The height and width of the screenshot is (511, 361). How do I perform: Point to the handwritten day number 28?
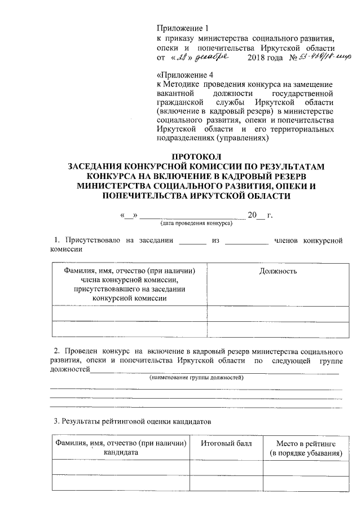[x=182, y=58]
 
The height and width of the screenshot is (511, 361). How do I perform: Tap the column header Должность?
[x=278, y=271]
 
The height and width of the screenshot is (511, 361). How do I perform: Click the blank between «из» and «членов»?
[x=246, y=242]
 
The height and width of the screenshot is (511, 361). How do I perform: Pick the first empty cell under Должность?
[x=278, y=312]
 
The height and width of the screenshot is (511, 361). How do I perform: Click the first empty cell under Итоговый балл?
[x=226, y=468]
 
